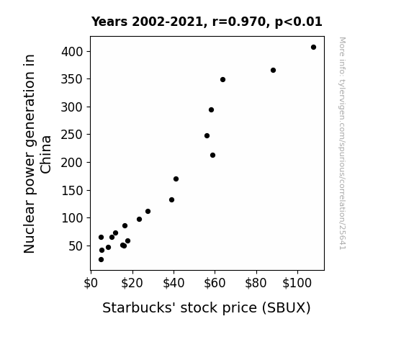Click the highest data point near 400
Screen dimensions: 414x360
click(x=313, y=48)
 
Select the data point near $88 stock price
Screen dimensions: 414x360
click(x=274, y=71)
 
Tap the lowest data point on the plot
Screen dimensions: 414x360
click(x=101, y=260)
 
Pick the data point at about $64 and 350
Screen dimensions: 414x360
click(x=223, y=79)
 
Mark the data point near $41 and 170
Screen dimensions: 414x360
click(x=176, y=179)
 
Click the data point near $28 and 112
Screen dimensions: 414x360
click(x=148, y=211)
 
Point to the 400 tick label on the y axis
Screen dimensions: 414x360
click(x=72, y=52)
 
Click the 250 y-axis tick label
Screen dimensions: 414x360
click(x=72, y=135)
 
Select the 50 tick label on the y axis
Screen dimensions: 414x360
click(x=76, y=246)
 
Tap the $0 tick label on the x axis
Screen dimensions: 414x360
click(x=91, y=283)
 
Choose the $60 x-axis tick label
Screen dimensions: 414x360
click(x=215, y=283)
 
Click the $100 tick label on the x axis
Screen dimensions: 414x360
click(x=297, y=283)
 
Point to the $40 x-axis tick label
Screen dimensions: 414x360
click(x=174, y=283)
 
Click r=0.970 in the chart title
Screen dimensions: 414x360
click(x=239, y=22)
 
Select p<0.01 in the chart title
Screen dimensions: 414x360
click(x=299, y=22)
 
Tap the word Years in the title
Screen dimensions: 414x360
click(x=109, y=22)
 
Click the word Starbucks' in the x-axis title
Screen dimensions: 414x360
click(x=139, y=307)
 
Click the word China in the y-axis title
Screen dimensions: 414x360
click(x=46, y=155)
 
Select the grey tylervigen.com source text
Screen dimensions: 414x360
click(x=342, y=143)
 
